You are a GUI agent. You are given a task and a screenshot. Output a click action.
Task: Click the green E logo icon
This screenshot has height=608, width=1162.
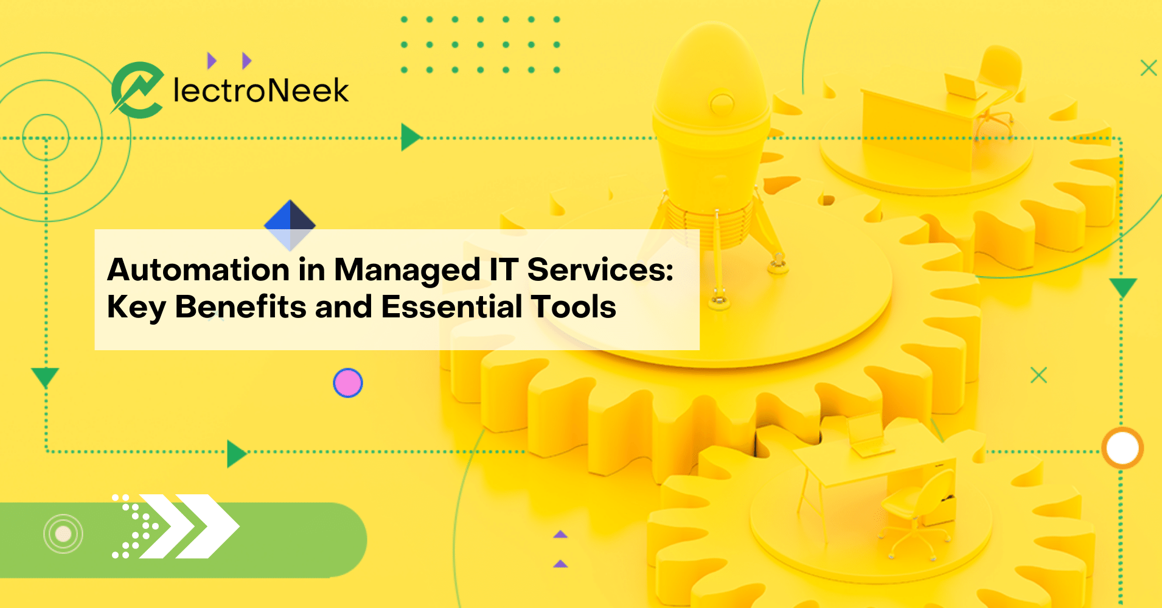(137, 90)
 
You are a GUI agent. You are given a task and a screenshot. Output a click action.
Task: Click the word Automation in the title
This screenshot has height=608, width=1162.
(198, 269)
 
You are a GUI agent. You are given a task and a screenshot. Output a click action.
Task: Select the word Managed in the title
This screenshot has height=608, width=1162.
(408, 271)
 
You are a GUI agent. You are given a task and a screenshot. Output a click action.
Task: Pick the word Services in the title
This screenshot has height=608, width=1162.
(600, 269)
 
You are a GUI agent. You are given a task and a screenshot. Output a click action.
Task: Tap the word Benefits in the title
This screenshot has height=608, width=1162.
(240, 306)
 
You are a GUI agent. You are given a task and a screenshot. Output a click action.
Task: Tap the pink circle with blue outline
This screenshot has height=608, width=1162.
(348, 383)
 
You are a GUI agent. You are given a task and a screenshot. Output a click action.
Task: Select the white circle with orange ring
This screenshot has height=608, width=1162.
(1122, 449)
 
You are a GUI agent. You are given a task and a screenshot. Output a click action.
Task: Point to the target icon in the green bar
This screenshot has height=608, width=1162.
(63, 534)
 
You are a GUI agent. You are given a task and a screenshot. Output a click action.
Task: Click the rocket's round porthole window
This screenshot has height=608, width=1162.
(722, 102)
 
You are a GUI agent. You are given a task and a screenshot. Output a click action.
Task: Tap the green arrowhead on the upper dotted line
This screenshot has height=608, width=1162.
(410, 137)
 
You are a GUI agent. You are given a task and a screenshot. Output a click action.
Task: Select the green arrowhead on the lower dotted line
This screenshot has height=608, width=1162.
(235, 454)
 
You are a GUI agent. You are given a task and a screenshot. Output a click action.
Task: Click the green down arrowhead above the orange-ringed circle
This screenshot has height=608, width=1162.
(1123, 287)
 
